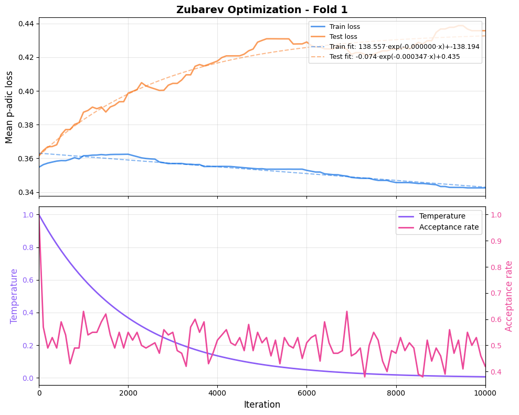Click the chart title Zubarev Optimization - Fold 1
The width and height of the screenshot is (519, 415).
[x=262, y=9]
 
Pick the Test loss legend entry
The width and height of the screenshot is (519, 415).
[x=343, y=37]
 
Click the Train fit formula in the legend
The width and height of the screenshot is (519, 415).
[x=404, y=47]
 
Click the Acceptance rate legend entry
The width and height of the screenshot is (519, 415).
[x=449, y=227]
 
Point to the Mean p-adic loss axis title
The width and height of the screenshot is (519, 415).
[x=9, y=107]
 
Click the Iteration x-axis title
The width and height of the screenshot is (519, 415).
[x=262, y=405]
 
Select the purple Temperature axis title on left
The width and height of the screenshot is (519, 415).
[x=14, y=296]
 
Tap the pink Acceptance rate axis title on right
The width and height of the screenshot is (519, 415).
[x=509, y=296]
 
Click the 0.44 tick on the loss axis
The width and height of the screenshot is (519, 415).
[x=25, y=24]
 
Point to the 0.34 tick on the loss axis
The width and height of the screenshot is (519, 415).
[x=25, y=192]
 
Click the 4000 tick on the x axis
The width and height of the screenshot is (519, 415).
[x=217, y=392]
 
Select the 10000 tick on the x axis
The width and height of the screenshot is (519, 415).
[x=485, y=392]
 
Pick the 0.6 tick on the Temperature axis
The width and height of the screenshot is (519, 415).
[x=28, y=280]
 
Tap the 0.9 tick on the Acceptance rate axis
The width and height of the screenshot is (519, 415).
[x=496, y=241]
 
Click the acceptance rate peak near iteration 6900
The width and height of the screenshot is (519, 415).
[x=347, y=312]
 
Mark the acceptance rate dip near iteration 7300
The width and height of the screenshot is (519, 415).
[x=365, y=376]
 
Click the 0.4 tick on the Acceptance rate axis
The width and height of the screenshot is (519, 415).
[x=496, y=372]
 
